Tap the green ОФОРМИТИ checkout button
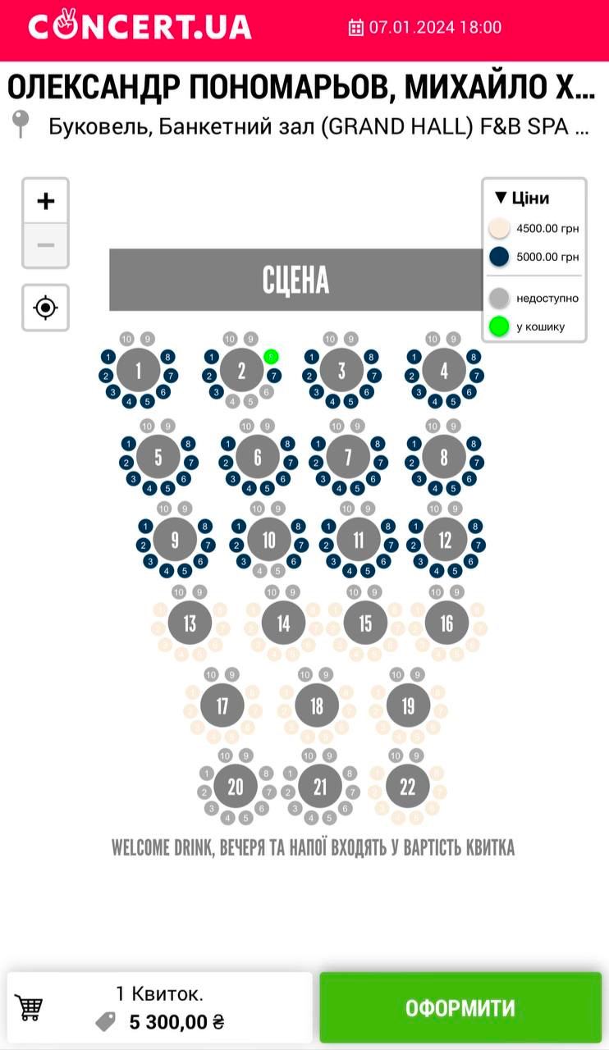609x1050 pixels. click(x=460, y=1007)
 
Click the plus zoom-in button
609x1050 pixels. click(x=46, y=201)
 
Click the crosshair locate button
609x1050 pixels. click(x=46, y=308)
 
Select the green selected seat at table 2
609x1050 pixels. click(x=272, y=357)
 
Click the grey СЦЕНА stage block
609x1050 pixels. click(x=296, y=280)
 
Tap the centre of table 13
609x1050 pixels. click(x=190, y=623)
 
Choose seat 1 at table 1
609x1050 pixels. click(x=108, y=357)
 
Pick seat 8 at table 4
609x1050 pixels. click(x=474, y=357)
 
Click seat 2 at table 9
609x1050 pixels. click(x=144, y=545)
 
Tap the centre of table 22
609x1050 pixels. click(x=408, y=787)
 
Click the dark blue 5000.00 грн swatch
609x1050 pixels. click(x=499, y=257)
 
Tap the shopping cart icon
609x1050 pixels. click(x=30, y=1007)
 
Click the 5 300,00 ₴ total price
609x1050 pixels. click(x=176, y=1022)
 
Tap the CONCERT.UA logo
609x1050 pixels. click(x=140, y=27)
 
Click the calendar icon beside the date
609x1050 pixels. click(x=356, y=28)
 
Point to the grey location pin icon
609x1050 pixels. click(x=21, y=124)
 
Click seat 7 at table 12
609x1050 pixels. click(x=476, y=545)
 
